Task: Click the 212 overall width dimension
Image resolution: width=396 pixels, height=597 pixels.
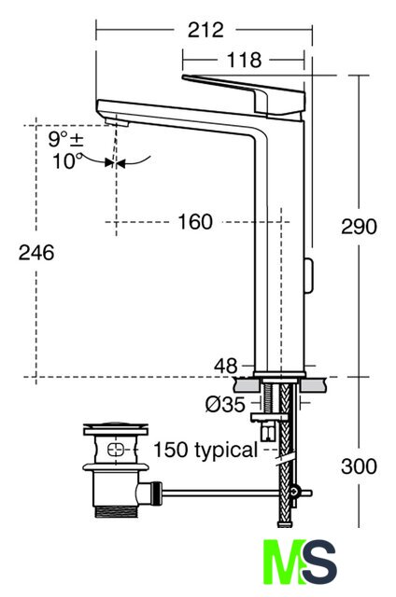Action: (x=205, y=30)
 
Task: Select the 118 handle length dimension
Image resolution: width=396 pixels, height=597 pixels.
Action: (x=245, y=60)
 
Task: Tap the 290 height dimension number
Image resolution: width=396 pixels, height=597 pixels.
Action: (x=359, y=227)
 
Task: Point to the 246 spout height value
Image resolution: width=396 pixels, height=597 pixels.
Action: (x=36, y=253)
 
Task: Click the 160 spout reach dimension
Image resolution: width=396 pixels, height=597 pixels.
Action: (x=195, y=222)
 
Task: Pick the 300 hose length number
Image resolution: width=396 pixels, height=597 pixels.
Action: (x=359, y=466)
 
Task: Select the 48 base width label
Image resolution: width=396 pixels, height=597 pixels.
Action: (x=226, y=366)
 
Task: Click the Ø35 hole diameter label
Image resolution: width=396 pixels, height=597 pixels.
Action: (x=225, y=404)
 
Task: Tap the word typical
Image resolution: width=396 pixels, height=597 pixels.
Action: (x=226, y=451)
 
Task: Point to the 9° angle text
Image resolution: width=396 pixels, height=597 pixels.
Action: (x=58, y=139)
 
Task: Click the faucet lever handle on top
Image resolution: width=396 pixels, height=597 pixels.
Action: (x=244, y=93)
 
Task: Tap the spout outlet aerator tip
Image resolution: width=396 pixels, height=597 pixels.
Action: (x=117, y=122)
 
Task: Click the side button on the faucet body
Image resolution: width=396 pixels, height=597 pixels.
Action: (x=308, y=275)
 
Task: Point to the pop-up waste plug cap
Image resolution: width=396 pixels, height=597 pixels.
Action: (x=116, y=428)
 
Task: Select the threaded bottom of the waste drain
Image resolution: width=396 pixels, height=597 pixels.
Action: (x=116, y=511)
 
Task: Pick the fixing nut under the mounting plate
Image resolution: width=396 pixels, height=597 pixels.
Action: (x=268, y=418)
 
